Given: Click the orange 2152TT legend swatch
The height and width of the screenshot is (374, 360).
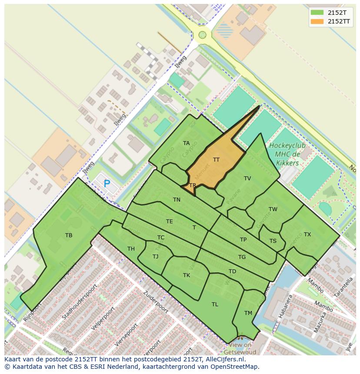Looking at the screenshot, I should [317, 22].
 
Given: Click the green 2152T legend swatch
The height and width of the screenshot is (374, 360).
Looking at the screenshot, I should [317, 13].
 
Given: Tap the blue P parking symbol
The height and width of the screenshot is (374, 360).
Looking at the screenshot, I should [107, 184].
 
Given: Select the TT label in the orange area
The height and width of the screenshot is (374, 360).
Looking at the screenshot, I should [216, 160].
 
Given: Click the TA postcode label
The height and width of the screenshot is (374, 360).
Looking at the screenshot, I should [186, 143].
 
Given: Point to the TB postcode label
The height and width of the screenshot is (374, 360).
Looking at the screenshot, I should [69, 235].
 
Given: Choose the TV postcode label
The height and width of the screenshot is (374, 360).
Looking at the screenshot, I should [247, 179].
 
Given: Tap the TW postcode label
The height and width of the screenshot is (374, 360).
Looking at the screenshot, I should [273, 209].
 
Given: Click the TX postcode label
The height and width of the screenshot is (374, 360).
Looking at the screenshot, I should [307, 235].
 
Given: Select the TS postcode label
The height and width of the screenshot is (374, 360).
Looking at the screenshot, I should [273, 241].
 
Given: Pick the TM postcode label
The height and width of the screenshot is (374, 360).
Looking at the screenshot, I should [248, 313].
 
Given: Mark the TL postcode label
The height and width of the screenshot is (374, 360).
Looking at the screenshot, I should [215, 304].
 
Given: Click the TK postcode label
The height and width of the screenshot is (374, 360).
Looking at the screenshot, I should [187, 275].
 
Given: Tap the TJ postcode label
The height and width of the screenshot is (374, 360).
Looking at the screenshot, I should [155, 257].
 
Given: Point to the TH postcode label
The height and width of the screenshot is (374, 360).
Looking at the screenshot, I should [131, 249].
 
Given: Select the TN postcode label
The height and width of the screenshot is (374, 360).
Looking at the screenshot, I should [177, 200].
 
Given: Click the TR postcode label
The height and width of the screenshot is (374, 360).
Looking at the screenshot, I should [193, 185].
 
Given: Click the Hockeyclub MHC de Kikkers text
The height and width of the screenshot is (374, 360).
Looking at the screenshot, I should [287, 154].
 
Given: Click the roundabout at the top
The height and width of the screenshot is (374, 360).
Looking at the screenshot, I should [202, 35].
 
